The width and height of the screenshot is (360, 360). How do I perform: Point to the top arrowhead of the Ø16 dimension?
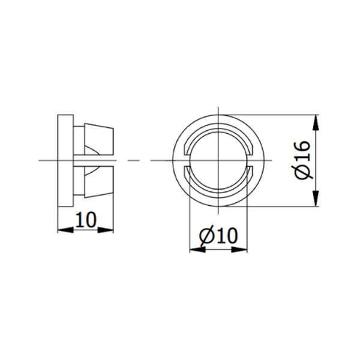[x=317, y=121]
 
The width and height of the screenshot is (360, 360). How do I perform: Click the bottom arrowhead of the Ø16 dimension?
[x=317, y=200]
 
